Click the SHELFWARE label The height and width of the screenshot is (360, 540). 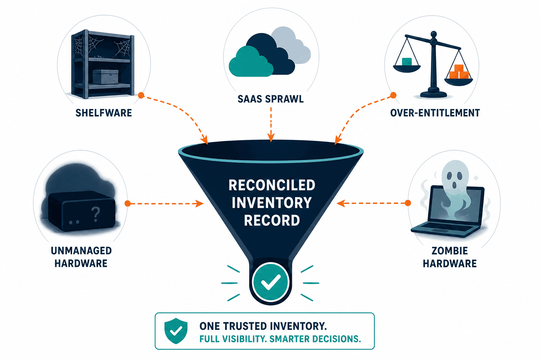coord(104,113)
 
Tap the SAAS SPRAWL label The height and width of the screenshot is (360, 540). coord(270,99)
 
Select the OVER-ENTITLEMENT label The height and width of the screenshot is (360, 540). coord(435,113)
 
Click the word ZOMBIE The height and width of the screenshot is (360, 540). coord(450,251)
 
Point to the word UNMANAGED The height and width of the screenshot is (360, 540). coord(81,251)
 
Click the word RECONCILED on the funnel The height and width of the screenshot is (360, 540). coord(272,185)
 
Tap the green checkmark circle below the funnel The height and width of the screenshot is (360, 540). coord(270,282)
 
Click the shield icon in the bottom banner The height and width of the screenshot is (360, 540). coord(176,331)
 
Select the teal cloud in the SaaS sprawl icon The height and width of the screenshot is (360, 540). coord(251,62)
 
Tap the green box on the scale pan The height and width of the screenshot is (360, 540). coord(407,62)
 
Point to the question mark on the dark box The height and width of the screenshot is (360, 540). coord(96,214)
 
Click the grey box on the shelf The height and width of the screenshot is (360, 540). coord(105,77)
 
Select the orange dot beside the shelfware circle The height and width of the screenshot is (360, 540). coord(141,95)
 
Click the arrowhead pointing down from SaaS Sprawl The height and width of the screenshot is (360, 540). coord(271,138)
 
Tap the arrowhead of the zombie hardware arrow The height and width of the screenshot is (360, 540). coord(341,203)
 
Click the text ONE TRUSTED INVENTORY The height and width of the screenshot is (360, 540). coord(263,326)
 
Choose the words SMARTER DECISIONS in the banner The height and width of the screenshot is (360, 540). coord(315,339)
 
